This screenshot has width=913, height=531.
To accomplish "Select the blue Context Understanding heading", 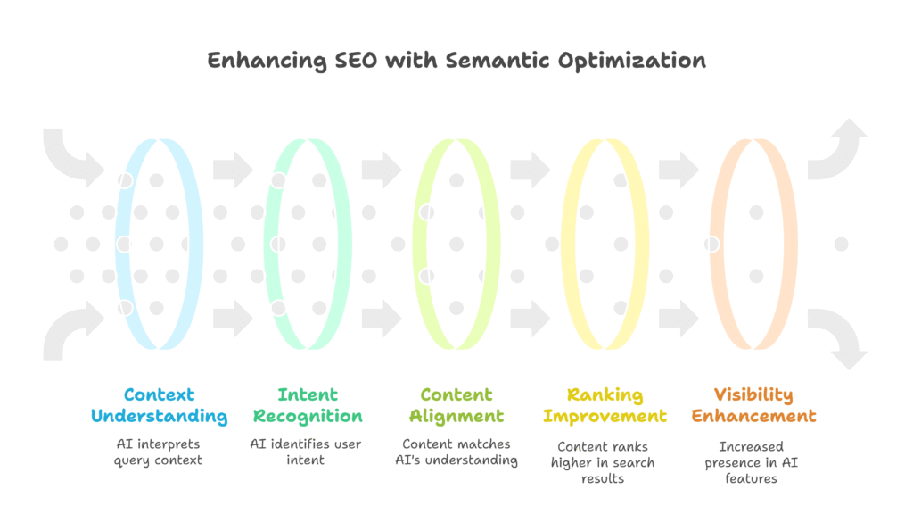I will [x=159, y=405].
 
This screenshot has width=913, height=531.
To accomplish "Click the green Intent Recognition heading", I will [x=308, y=405].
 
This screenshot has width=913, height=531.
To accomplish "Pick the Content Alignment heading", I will [x=456, y=405].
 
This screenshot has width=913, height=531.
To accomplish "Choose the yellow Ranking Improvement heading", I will [x=605, y=405].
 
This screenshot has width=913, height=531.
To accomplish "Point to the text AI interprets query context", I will [x=159, y=452].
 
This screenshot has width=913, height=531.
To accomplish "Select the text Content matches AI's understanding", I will [x=456, y=452].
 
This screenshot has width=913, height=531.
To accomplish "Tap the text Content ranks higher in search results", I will [x=605, y=461].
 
